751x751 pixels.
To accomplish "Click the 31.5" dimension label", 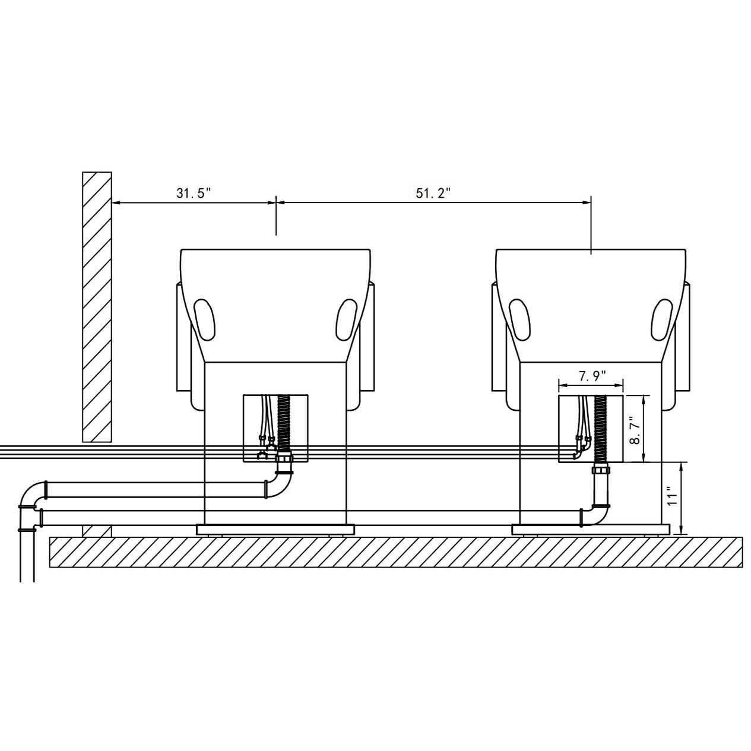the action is tap(194, 193).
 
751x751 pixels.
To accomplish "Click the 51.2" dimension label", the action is tap(433, 193).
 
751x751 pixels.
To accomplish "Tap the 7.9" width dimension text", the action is tap(592, 376).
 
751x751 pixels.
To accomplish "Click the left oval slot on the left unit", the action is tap(205, 318).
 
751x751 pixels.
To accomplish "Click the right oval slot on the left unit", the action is tap(346, 318).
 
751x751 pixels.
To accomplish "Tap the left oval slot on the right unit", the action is tap(520, 318).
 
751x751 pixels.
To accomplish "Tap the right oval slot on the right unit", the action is tap(661, 318).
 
